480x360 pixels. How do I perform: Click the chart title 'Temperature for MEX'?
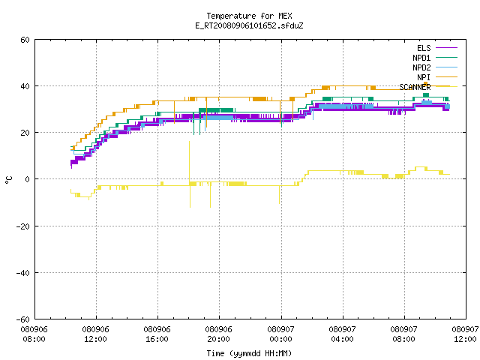249,16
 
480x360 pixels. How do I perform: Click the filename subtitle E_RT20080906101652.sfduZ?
249,25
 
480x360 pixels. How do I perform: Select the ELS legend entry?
436,48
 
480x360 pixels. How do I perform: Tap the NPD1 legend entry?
435,58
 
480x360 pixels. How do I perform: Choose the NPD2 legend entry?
435,67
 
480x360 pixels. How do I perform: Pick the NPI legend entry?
436,77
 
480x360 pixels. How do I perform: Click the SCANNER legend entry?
428,87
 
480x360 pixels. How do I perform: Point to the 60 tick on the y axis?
25,40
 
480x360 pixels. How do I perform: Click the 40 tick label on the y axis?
25,86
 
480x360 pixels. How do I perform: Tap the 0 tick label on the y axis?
27,179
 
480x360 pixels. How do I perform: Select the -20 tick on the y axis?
23,226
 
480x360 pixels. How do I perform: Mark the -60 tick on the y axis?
23,319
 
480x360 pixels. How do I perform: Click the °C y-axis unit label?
8,180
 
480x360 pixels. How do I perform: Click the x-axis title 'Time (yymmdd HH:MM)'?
249,353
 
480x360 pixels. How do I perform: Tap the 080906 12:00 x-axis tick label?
95,334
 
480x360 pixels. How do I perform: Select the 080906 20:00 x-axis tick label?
218,334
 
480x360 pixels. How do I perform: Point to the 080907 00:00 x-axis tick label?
280,334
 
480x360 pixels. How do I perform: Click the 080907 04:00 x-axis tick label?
342,334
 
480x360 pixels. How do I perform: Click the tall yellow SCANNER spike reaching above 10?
190,162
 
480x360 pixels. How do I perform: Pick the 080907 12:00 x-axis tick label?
465,334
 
